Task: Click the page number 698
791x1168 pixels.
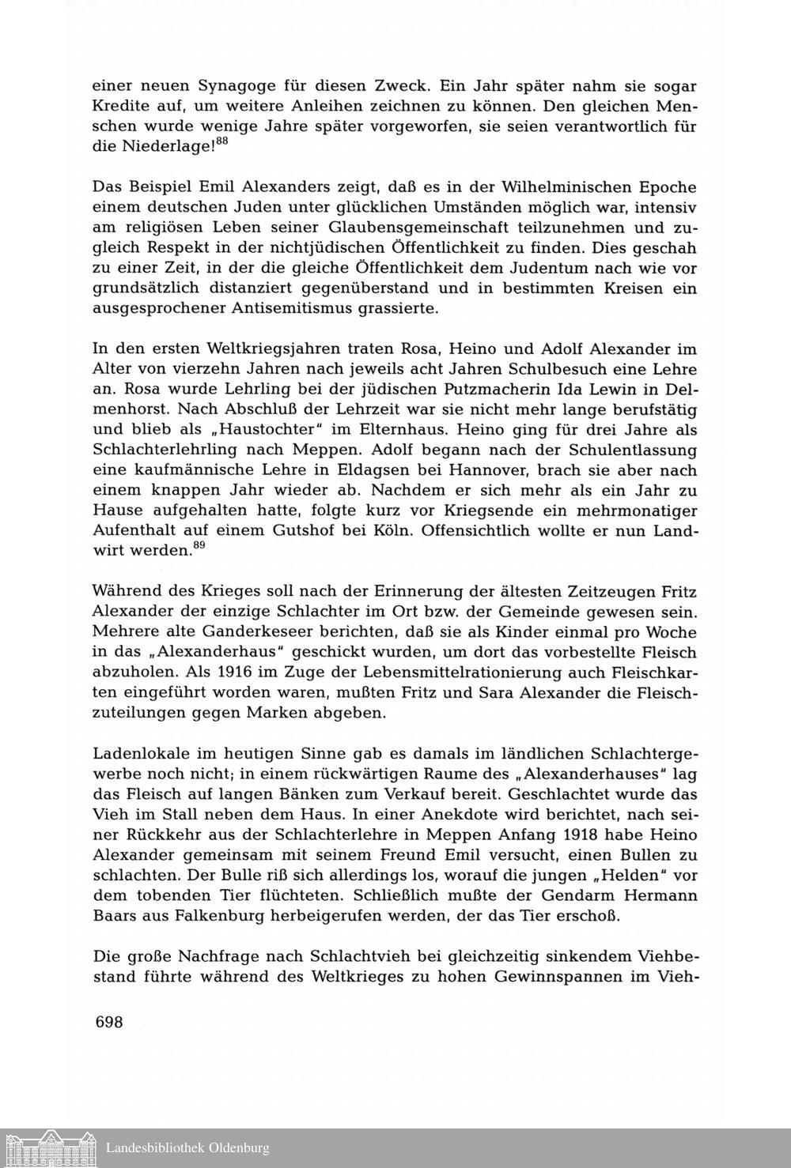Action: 108,1022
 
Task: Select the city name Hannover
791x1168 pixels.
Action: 476,470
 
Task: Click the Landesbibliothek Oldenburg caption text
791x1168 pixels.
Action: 187,1147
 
